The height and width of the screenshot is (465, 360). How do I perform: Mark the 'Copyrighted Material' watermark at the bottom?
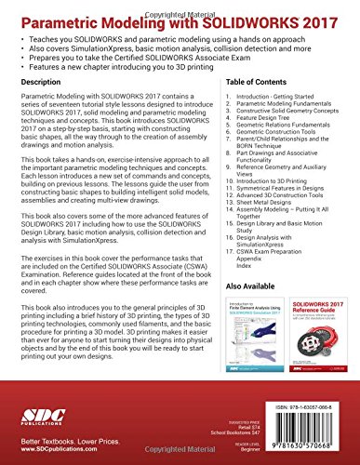tap(180, 458)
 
